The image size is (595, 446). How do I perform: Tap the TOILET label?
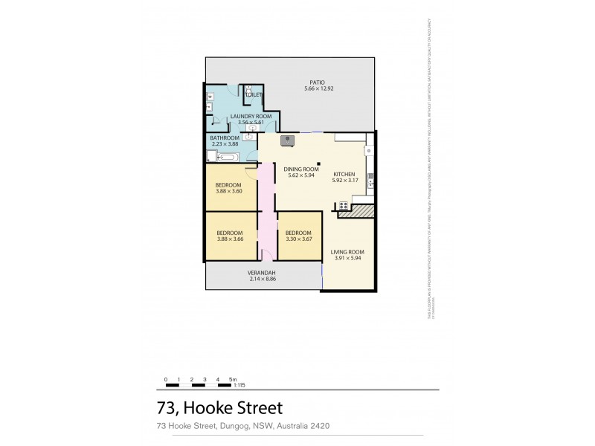tap(254, 96)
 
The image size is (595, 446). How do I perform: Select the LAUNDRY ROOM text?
tap(251, 117)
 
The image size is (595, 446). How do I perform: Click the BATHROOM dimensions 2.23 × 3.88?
tap(225, 144)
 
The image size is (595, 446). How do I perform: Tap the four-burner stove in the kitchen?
tap(344, 205)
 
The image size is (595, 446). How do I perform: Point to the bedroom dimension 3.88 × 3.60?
tap(228, 192)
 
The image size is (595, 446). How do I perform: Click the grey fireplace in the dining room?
tap(286, 140)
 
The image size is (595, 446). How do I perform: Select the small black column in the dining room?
tap(318, 164)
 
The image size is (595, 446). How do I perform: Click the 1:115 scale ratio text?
tap(239, 385)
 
